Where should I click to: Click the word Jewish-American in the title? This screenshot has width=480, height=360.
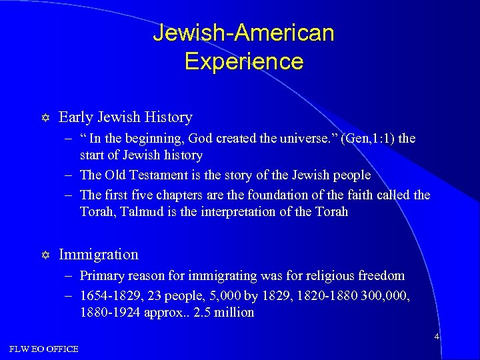[x=243, y=32]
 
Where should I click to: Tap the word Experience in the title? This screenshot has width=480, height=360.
[x=243, y=61]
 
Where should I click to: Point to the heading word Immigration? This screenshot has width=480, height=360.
[x=99, y=254]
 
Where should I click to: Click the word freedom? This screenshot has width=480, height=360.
[x=380, y=275]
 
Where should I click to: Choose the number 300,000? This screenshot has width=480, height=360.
[x=383, y=295]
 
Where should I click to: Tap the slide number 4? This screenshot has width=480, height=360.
[x=437, y=337]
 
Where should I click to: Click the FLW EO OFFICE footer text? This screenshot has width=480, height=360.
[x=43, y=349]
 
